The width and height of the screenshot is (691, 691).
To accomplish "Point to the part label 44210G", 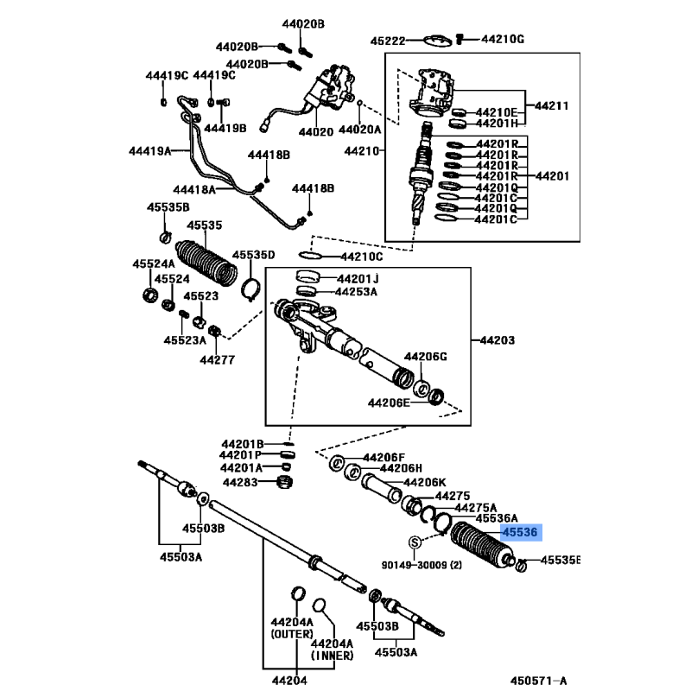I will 503,40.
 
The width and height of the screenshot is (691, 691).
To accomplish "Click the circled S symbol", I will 415,542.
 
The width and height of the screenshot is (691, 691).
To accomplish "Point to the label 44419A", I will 147,151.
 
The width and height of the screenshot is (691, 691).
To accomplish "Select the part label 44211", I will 551,106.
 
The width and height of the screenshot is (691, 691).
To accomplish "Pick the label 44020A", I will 359,130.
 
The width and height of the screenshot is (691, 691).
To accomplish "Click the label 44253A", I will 357,292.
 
